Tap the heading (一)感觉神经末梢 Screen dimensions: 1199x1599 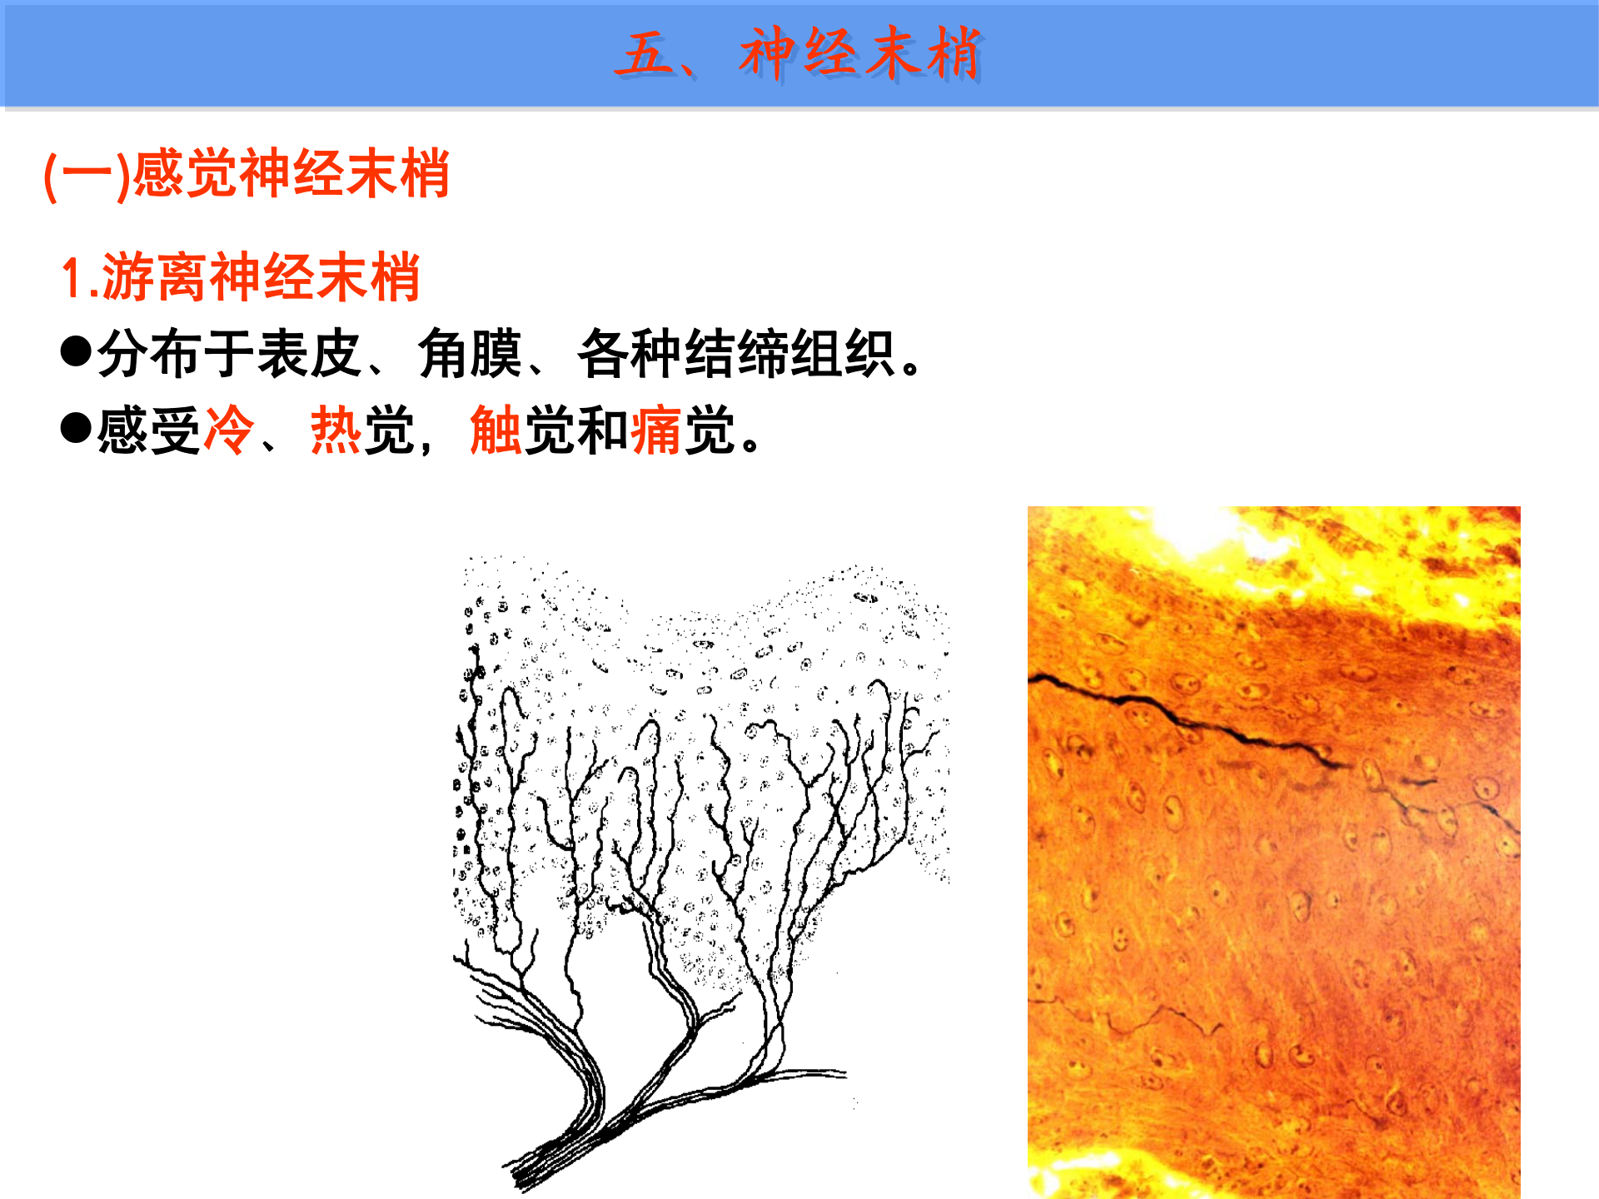pos(247,174)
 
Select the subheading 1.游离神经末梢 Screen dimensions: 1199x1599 pos(240,277)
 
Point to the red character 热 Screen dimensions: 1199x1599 pos(336,430)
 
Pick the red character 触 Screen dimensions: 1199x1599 pos(496,430)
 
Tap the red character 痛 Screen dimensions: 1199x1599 pos(655,430)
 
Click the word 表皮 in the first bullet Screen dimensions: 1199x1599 pos(309,354)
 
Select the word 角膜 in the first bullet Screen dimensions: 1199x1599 pos(469,354)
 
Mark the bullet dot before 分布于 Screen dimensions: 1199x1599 pos(76,351)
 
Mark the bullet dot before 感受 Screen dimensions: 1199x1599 pos(76,428)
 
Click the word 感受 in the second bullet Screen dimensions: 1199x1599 pos(149,430)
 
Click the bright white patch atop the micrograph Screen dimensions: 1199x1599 pos(1199,529)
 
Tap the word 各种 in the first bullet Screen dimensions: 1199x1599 pos(629,354)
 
